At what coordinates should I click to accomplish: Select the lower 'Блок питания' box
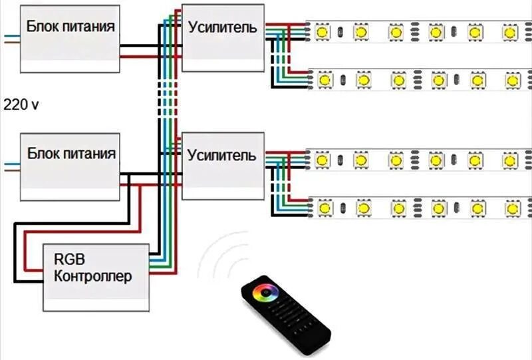pos(70,166)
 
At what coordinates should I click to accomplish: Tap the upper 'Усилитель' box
pos(222,37)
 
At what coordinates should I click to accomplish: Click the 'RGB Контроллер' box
pos(96,277)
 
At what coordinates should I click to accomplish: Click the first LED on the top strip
pos(324,32)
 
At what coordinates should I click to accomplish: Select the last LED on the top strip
pos(510,32)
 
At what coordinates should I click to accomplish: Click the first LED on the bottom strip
pos(324,208)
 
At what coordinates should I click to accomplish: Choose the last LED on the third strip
pos(510,160)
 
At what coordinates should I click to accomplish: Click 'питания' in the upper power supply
pos(91,27)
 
